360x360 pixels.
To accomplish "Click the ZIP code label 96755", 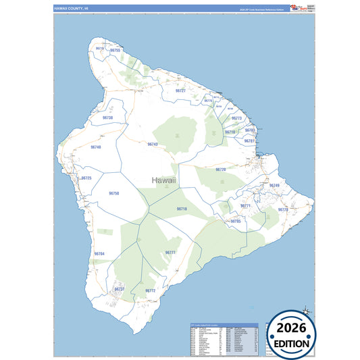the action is pyautogui.click(x=115, y=51).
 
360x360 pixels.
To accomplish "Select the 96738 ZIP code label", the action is pyautogui.click(x=107, y=118).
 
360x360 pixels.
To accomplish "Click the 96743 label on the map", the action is pyautogui.click(x=153, y=145).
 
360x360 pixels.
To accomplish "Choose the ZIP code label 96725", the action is pyautogui.click(x=86, y=178).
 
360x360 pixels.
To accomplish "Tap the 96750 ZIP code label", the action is pyautogui.click(x=114, y=193).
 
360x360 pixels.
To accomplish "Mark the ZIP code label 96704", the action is pyautogui.click(x=99, y=253).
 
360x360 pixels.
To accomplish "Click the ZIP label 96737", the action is pyautogui.click(x=120, y=289).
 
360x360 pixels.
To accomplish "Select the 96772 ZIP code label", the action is pyautogui.click(x=150, y=290).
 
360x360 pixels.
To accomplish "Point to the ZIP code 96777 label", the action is pyautogui.click(x=170, y=253).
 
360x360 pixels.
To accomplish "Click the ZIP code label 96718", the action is pyautogui.click(x=182, y=209).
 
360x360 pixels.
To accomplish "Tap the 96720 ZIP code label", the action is pyautogui.click(x=220, y=170).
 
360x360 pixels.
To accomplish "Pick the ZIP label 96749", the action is pyautogui.click(x=274, y=185).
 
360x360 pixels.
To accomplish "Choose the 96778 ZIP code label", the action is pyautogui.click(x=283, y=210).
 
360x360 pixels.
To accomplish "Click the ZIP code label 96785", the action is pyautogui.click(x=236, y=221).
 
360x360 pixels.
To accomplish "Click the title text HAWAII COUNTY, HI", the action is pyautogui.click(x=72, y=8).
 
